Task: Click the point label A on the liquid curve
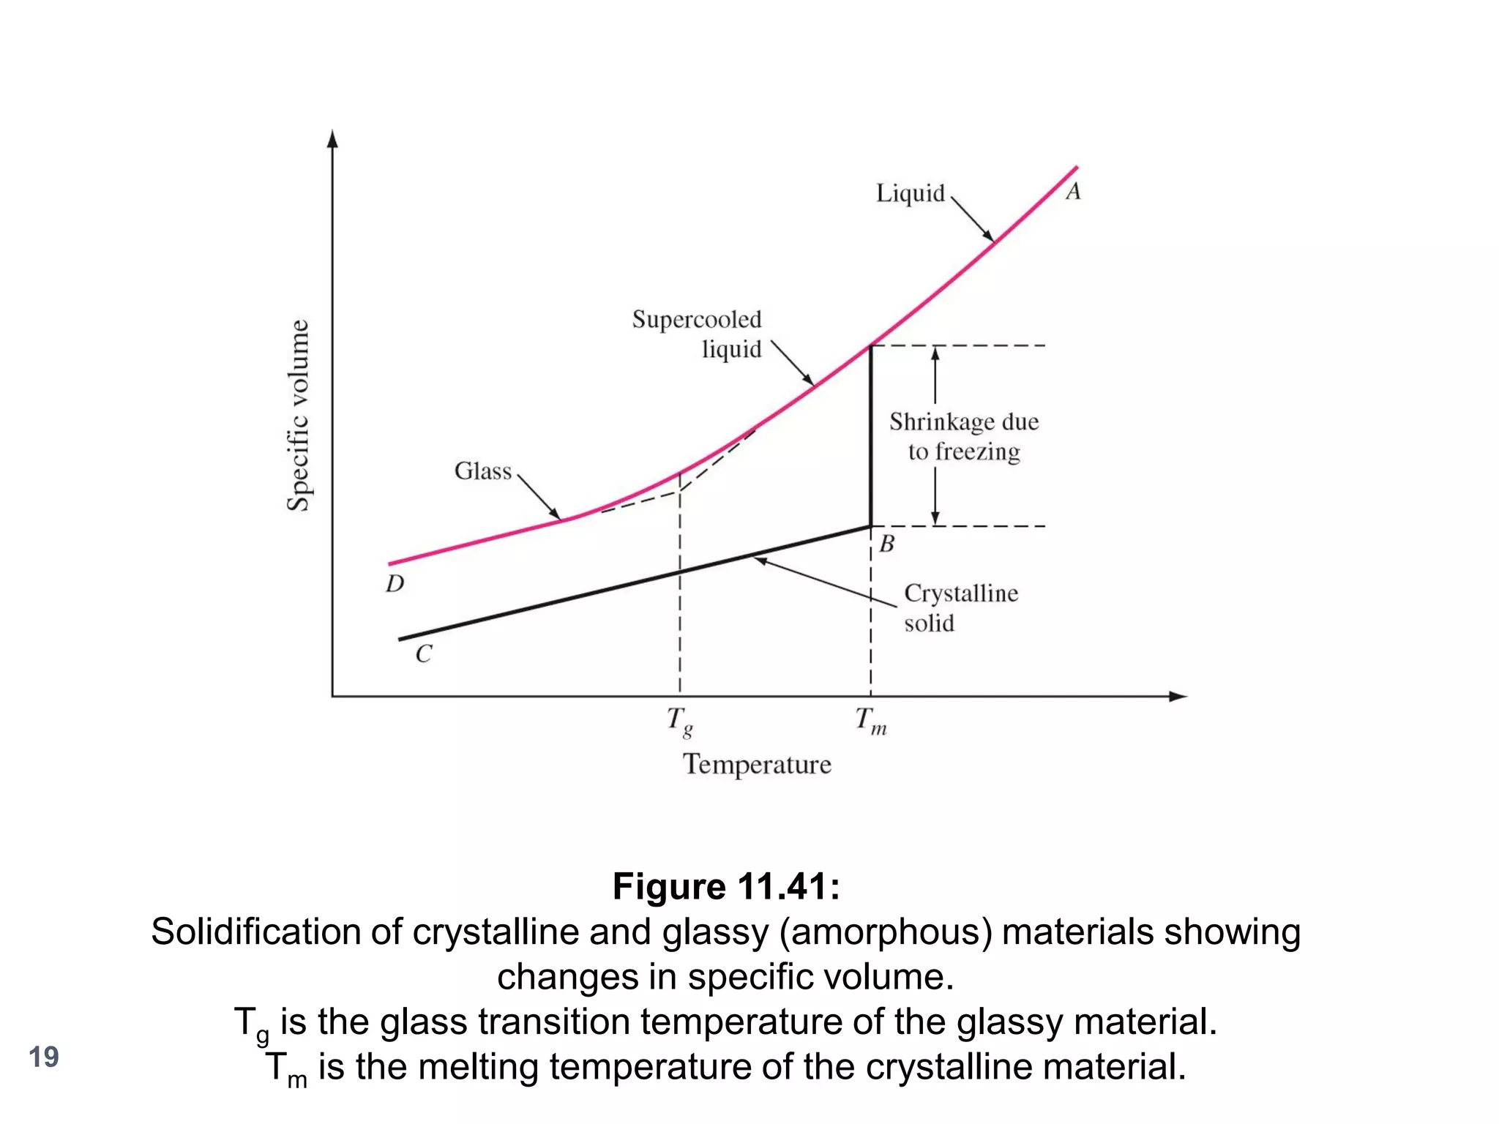click(1073, 192)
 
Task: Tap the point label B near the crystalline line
click(886, 544)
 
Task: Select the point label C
click(424, 653)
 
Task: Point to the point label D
click(395, 584)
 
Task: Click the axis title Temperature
click(757, 765)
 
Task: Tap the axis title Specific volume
click(298, 415)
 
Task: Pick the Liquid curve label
click(911, 193)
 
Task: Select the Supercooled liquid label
click(697, 334)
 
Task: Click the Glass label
click(483, 471)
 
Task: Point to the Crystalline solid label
click(960, 607)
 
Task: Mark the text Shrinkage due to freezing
click(964, 436)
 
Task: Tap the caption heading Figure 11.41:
click(726, 887)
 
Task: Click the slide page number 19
click(44, 1057)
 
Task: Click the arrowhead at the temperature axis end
click(1178, 697)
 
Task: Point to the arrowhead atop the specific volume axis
click(333, 139)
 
